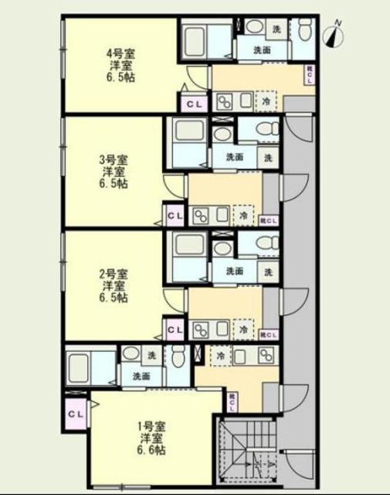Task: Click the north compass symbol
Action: (335, 33)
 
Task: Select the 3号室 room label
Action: (113, 161)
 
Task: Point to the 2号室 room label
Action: (113, 274)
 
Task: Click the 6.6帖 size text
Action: (151, 450)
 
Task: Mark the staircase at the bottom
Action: (247, 449)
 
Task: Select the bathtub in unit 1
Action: (89, 367)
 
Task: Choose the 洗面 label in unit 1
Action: (141, 377)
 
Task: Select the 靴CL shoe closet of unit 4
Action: (310, 73)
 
